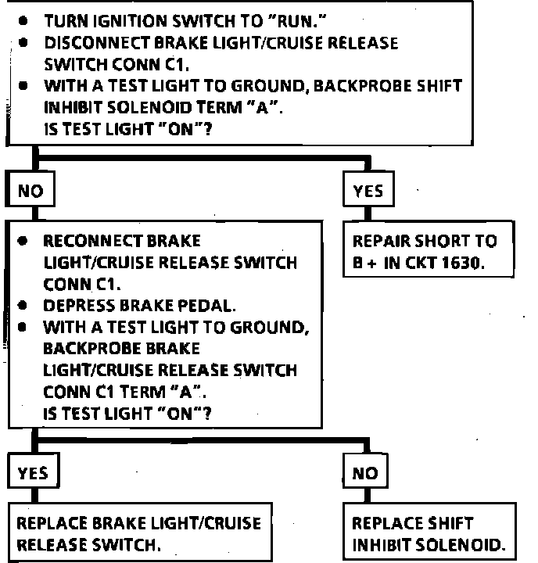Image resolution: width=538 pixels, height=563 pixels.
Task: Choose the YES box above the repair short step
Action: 368,191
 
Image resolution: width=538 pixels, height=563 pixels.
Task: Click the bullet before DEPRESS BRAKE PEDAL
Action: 24,304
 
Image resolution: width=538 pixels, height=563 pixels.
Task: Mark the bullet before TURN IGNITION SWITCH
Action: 24,20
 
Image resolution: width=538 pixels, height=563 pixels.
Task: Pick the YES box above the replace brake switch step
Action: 32,472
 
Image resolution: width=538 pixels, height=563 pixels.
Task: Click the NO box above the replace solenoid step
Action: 365,472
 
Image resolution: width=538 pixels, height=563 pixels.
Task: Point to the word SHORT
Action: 445,241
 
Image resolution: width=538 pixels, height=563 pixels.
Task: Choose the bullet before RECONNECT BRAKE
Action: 24,241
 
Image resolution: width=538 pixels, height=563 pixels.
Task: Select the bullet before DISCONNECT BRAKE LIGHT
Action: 24,42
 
